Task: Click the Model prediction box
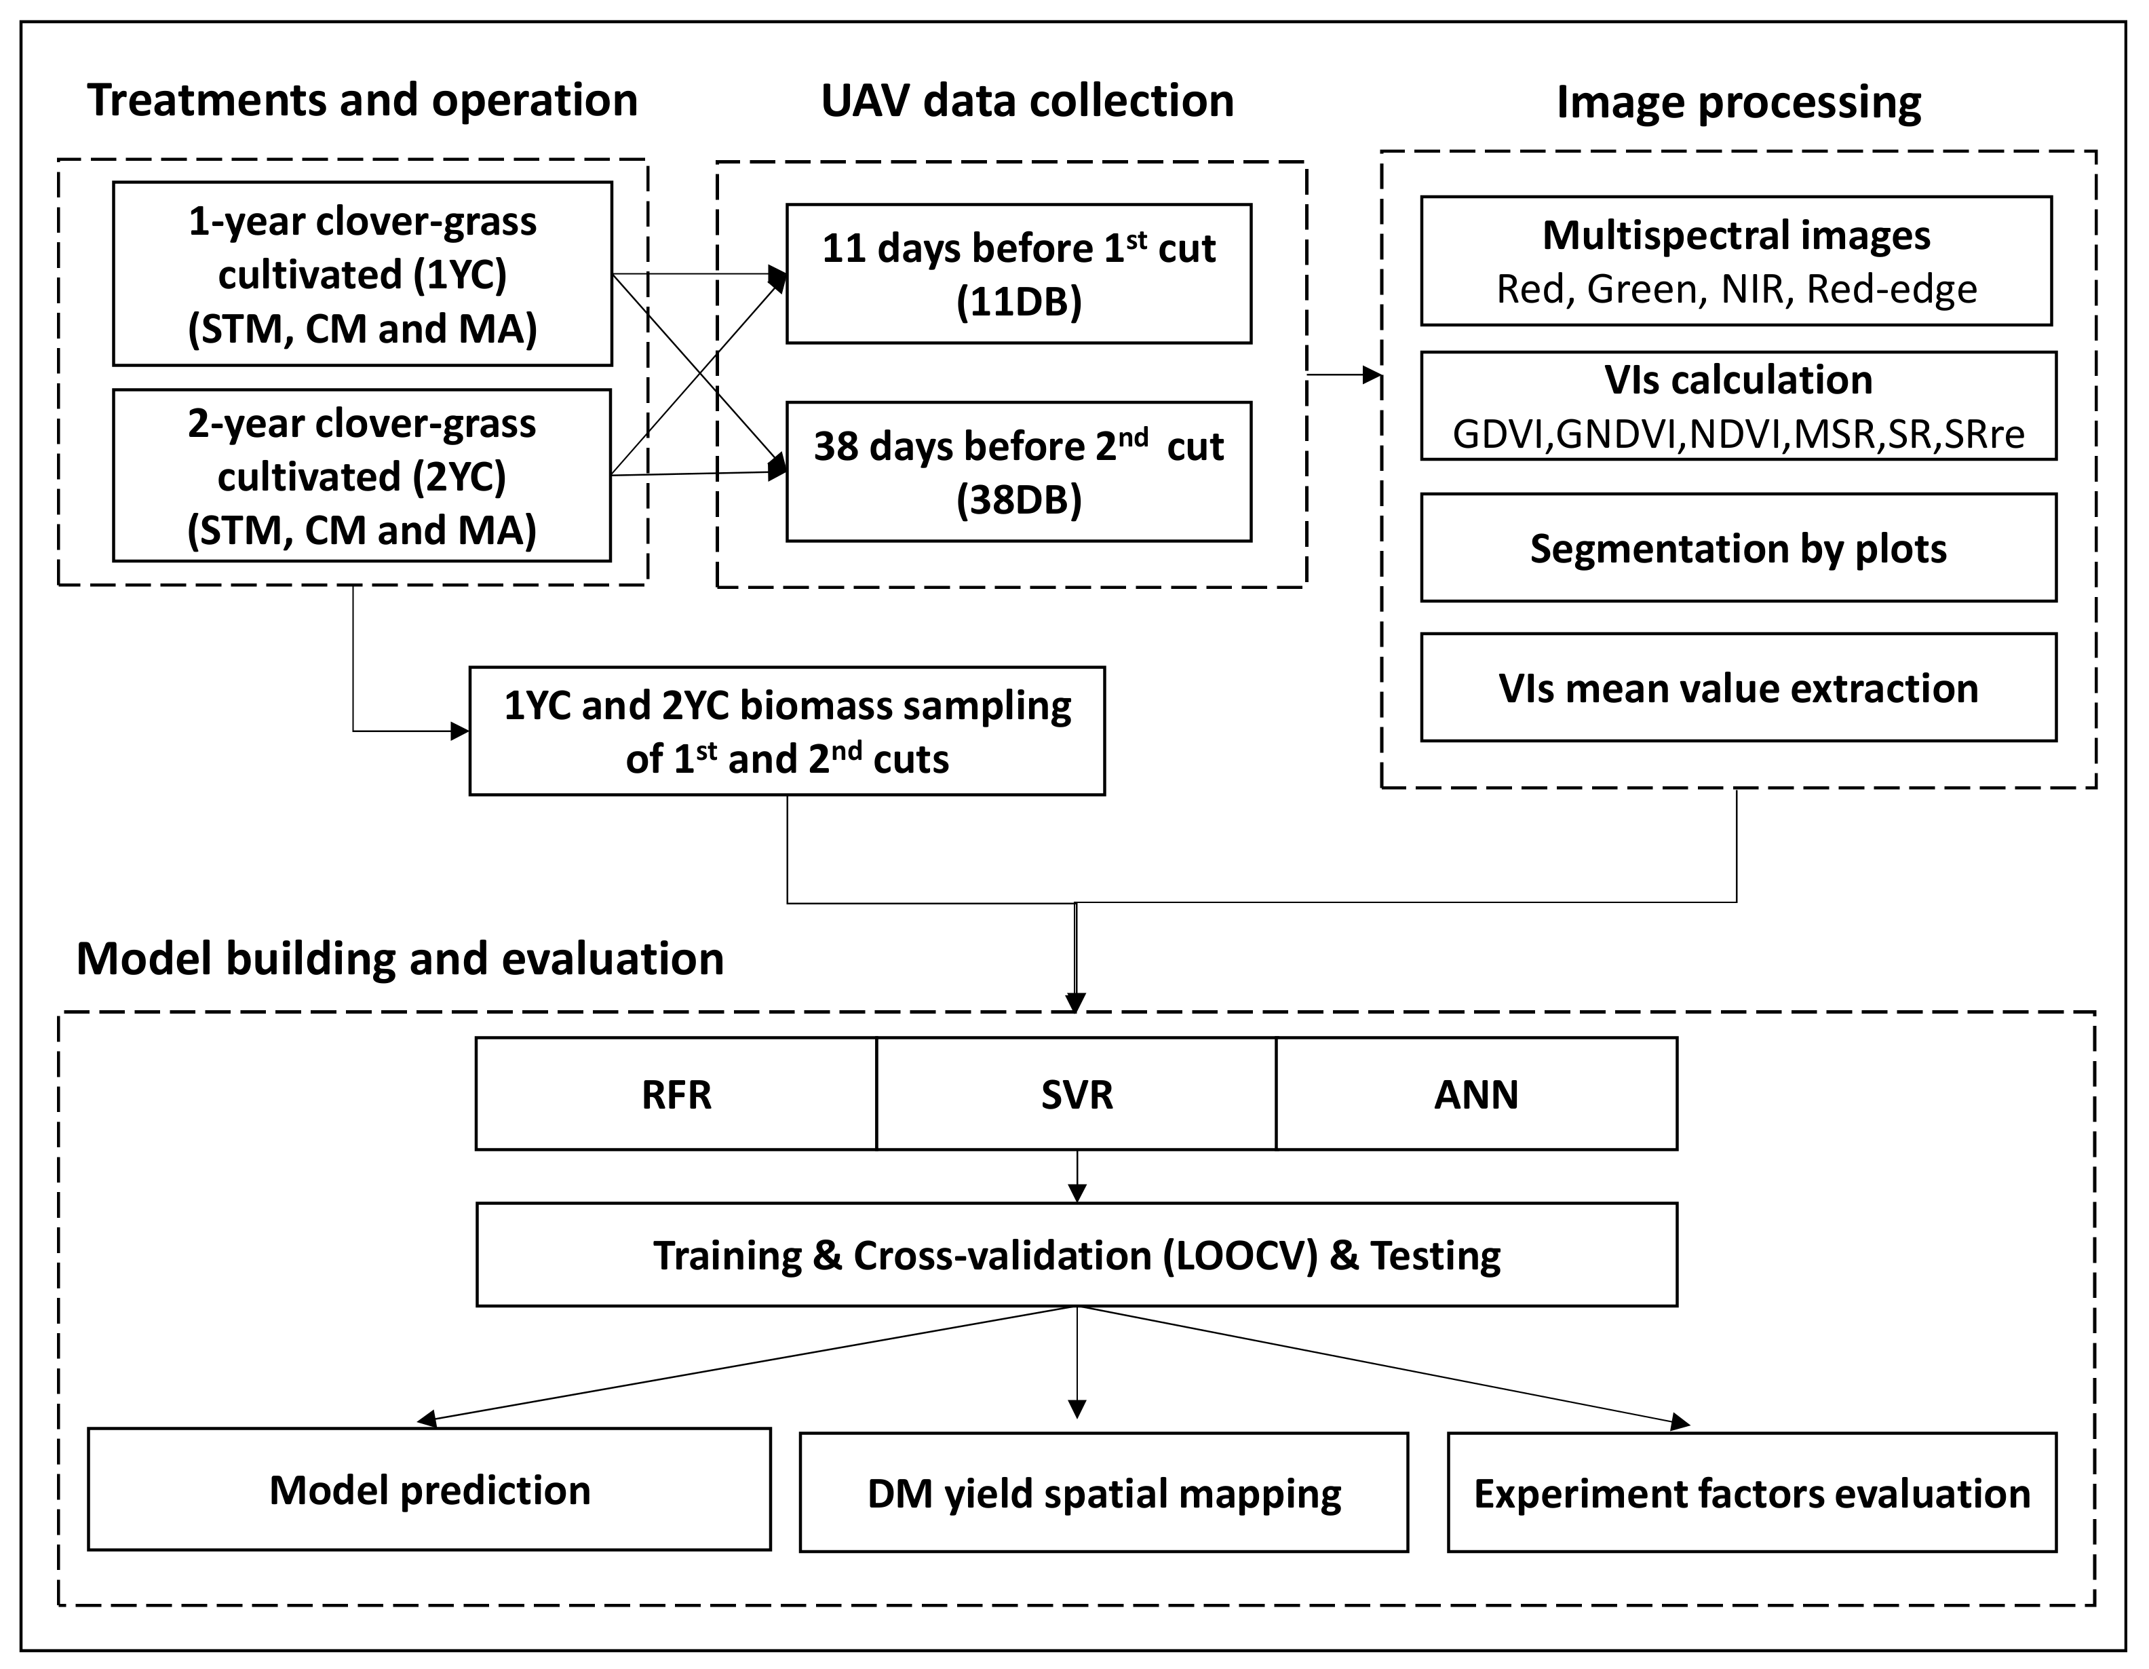click(x=429, y=1490)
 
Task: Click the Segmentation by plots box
click(x=1738, y=548)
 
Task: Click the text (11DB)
click(x=1018, y=302)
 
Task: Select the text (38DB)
click(x=1018, y=501)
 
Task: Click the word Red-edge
click(x=1891, y=289)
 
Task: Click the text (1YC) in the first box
click(x=459, y=275)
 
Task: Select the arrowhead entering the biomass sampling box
click(x=459, y=731)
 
